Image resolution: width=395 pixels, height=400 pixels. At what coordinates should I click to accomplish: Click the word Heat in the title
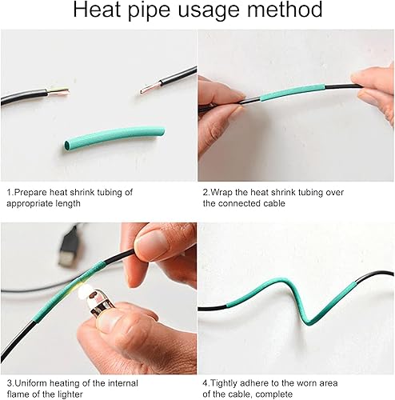(97, 10)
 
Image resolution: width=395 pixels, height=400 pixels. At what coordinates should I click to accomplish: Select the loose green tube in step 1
(114, 138)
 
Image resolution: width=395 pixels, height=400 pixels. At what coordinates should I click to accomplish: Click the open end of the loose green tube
(67, 146)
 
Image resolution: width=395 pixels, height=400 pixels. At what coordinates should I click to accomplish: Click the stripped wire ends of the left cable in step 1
(58, 91)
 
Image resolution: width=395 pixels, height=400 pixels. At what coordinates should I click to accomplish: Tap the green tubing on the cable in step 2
(292, 93)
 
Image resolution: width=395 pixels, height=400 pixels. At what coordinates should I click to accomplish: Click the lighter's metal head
(98, 302)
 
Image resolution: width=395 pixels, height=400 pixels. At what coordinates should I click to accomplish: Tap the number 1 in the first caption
(10, 192)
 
